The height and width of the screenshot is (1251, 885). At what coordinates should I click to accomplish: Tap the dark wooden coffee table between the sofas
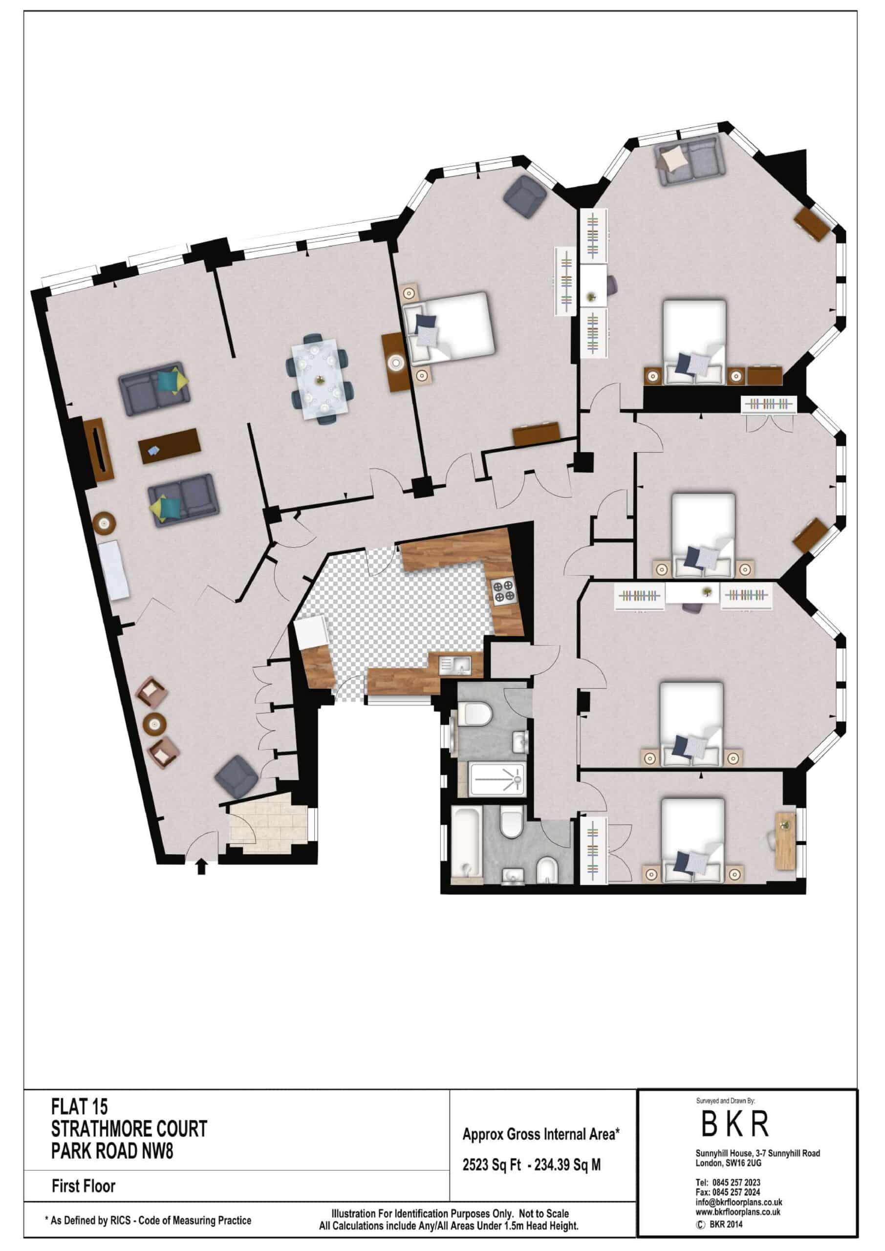(x=170, y=446)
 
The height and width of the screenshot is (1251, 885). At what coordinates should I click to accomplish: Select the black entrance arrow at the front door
(x=201, y=866)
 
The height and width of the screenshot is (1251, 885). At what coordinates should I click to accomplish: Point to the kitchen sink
(x=455, y=665)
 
